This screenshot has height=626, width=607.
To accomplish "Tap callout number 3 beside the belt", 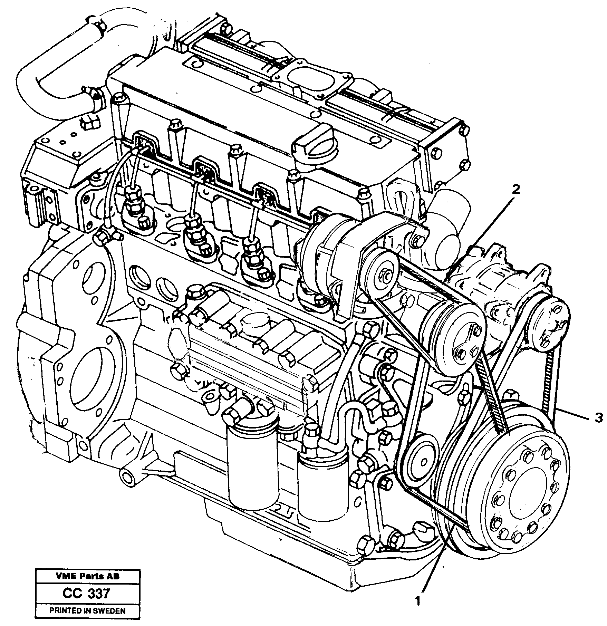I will pos(599,418).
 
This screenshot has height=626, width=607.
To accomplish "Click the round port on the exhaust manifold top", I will pos(299,80).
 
